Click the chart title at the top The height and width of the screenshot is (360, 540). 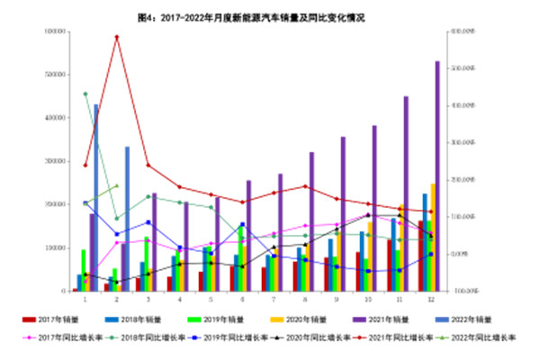click(x=270, y=16)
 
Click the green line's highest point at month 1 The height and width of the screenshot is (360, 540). click(x=85, y=94)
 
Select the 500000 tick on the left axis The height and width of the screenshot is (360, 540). click(x=58, y=75)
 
